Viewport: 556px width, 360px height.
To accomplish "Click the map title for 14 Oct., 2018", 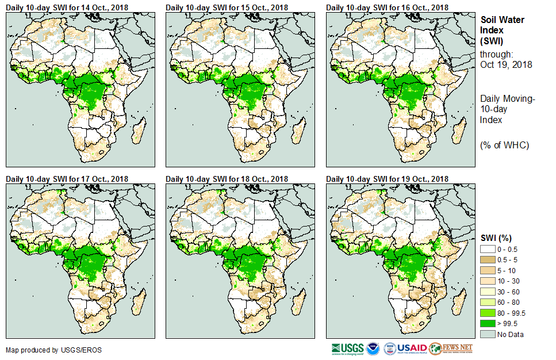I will pyautogui.click(x=67, y=7).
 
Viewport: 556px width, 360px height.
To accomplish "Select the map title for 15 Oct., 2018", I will pyautogui.click(x=227, y=7).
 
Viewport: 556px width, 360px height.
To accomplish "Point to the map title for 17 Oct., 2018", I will pyautogui.click(x=67, y=179).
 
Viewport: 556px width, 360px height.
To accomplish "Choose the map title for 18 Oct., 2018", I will pyautogui.click(x=227, y=179).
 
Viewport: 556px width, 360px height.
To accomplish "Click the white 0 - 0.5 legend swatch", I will pyautogui.click(x=488, y=249).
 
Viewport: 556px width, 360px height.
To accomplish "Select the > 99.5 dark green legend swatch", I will pyautogui.click(x=488, y=324).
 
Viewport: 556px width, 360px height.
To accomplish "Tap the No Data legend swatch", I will pyautogui.click(x=488, y=334).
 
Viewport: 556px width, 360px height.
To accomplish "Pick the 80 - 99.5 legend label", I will pyautogui.click(x=511, y=313).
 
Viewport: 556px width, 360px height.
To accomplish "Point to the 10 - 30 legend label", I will pyautogui.click(x=508, y=281).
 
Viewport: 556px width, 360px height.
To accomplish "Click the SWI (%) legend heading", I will pyautogui.click(x=496, y=238).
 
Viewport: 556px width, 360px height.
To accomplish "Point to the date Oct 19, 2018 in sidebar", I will pyautogui.click(x=506, y=64).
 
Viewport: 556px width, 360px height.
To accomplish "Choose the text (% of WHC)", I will pyautogui.click(x=505, y=145).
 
